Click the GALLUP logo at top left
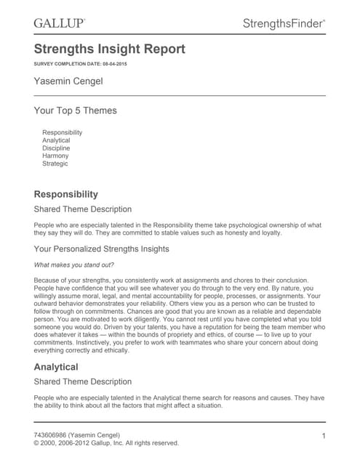click(x=60, y=23)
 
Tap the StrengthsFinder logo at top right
click(x=284, y=24)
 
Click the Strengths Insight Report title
click(x=110, y=49)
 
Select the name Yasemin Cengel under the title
click(x=68, y=81)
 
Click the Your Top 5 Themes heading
click(x=76, y=111)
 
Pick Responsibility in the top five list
click(x=63, y=132)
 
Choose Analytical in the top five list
click(x=57, y=140)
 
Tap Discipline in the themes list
click(x=57, y=148)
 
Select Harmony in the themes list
click(x=56, y=156)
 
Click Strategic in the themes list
click(x=55, y=164)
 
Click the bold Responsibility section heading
click(x=66, y=194)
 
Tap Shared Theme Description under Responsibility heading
click(x=83, y=209)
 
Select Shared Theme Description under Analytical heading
click(x=83, y=381)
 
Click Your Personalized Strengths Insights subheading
click(x=102, y=248)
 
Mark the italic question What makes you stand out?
click(x=74, y=264)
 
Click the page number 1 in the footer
click(x=322, y=434)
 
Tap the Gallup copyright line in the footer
click(x=106, y=442)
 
